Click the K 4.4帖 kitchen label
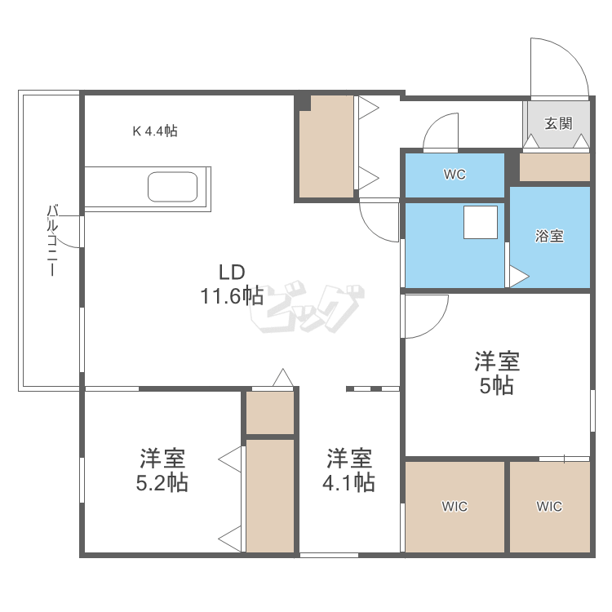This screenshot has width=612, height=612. coord(155,131)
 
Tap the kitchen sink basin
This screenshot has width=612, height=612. coord(172,187)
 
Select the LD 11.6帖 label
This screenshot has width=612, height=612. coord(232,284)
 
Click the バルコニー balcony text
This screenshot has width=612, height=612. coord(52,242)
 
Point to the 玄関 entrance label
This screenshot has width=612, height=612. coord(558,124)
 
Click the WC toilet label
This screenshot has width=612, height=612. coord(455,175)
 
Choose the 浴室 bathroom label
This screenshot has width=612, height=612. coord(549,237)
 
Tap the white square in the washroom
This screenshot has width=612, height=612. coord(481,223)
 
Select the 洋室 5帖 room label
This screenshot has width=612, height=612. coord(497,373)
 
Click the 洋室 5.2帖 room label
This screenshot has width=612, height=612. coord(162,470)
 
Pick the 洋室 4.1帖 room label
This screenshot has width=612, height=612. coord(349,470)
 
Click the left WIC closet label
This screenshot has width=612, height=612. coord(455,507)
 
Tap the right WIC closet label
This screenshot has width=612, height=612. coord(549,507)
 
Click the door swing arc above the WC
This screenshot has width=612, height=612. coord(441,131)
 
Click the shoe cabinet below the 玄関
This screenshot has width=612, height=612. coord(555,167)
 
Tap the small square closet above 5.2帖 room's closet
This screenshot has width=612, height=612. coord(270,413)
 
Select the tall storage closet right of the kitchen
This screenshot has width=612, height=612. coord(326,147)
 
